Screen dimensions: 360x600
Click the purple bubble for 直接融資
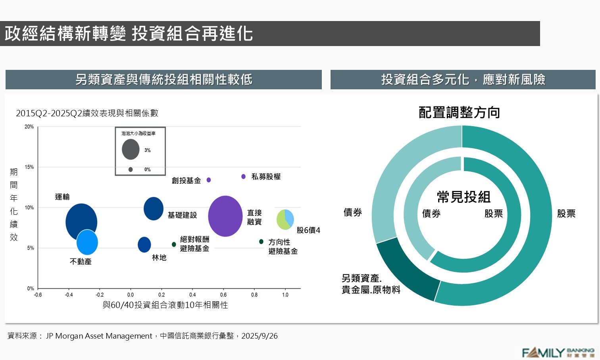point(225,216)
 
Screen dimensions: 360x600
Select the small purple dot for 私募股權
point(243,177)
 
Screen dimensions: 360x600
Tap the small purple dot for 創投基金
point(209,180)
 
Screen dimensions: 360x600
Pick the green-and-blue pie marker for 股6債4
point(285,219)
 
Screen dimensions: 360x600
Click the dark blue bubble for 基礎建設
point(153,208)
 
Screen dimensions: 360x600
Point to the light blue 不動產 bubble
point(87,243)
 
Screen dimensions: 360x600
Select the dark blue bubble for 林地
point(144,244)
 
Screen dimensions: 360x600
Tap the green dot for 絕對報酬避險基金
point(174,244)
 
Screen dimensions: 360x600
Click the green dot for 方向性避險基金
point(261,242)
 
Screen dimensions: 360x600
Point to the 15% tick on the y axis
point(29,167)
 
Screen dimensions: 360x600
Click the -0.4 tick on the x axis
point(69,295)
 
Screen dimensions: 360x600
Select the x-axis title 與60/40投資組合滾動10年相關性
point(165,305)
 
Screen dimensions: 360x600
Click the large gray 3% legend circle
point(131,150)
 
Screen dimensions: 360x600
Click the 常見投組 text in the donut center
point(463,197)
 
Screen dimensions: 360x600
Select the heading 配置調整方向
point(459,113)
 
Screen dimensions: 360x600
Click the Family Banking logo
point(558,352)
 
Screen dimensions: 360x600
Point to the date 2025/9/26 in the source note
point(260,336)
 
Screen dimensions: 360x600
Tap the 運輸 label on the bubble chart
point(62,197)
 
